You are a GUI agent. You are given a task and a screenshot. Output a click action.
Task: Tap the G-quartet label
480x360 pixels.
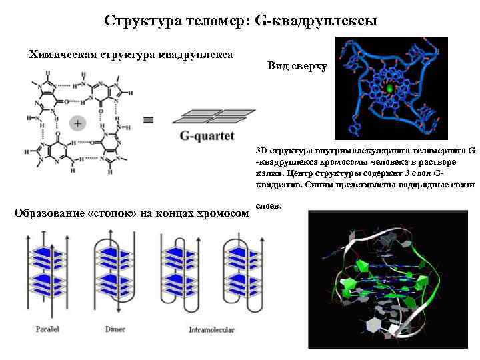coord(207,137)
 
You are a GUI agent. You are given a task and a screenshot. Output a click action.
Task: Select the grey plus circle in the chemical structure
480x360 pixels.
coord(77,123)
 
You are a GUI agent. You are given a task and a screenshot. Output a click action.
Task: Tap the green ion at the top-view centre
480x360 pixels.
coord(390,88)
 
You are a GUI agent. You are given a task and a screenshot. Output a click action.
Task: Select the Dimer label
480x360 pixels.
coord(115,329)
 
